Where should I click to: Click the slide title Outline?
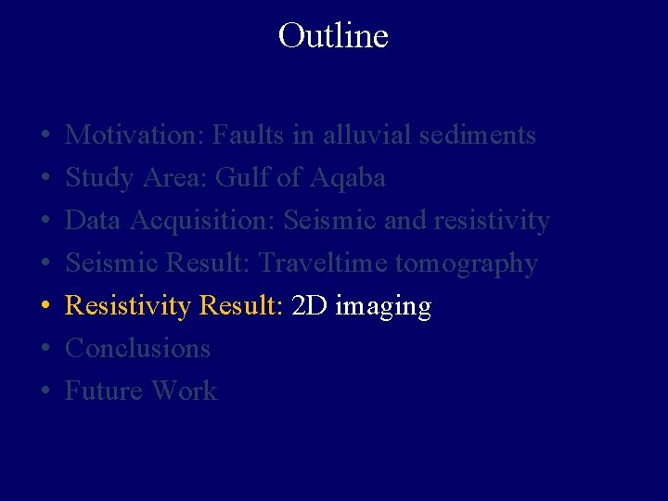point(333,36)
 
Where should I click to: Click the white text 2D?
point(309,306)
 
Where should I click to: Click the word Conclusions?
point(137,349)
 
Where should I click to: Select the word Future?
point(104,392)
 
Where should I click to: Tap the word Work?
point(184,392)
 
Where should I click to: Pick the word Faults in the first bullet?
point(248,135)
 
